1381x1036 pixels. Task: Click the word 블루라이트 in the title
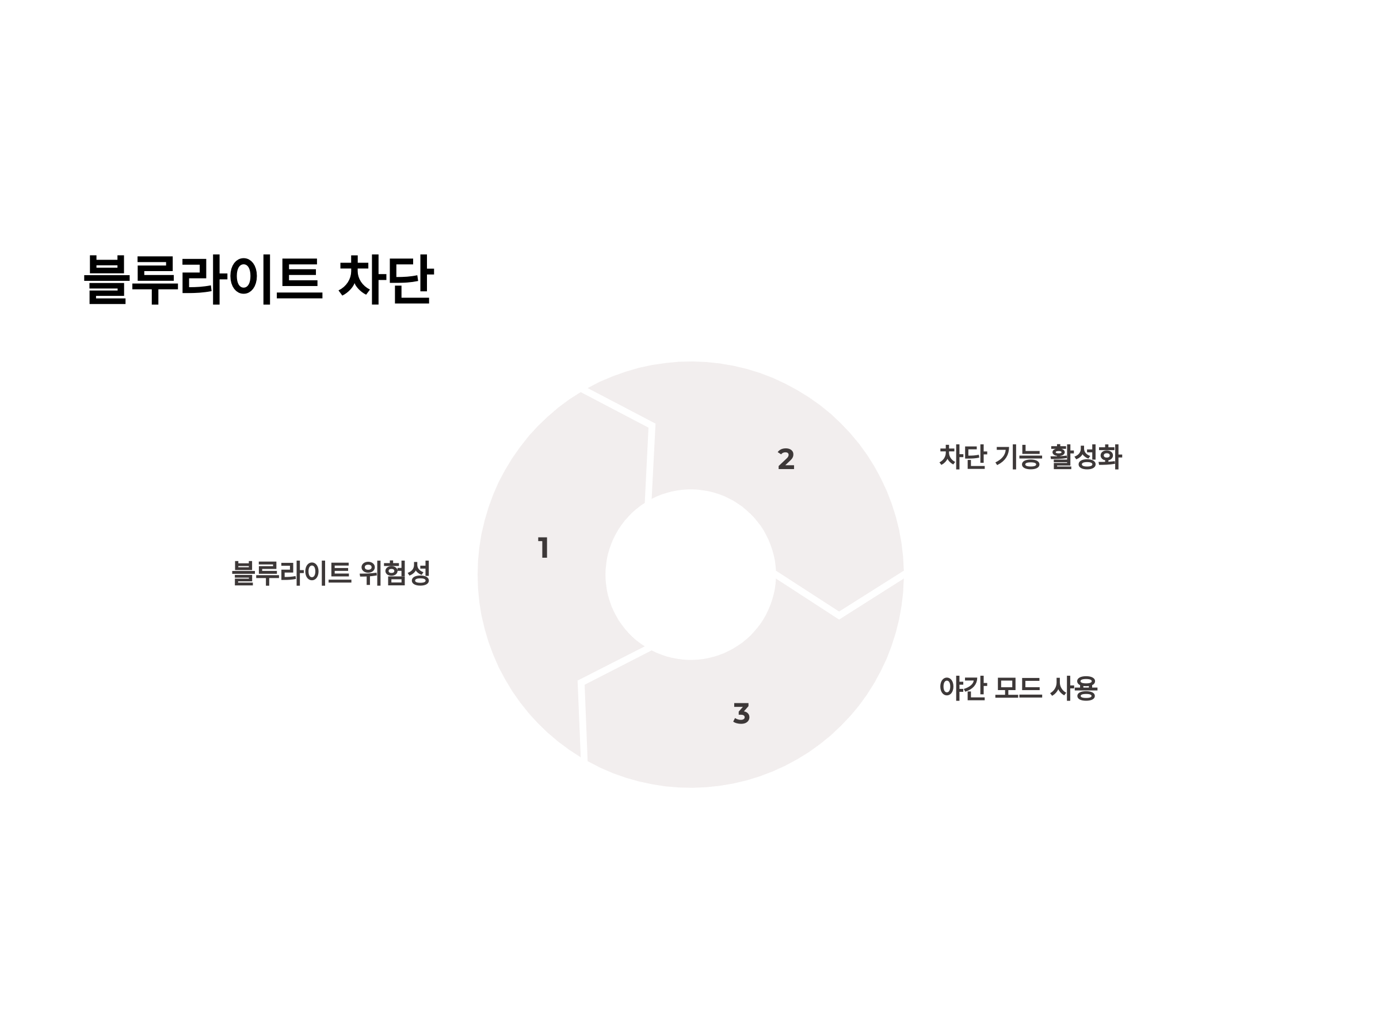tap(203, 279)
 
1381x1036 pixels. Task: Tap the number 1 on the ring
tap(543, 548)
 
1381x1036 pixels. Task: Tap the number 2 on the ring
tap(785, 460)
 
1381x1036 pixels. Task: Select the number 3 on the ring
tap(741, 713)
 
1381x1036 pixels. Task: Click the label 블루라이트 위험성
tap(331, 573)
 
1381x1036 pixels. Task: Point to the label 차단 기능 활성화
tap(1030, 457)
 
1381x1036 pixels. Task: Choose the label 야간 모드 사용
tap(1018, 688)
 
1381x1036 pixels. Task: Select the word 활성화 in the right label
tap(1086, 457)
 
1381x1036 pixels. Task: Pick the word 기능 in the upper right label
tap(1018, 457)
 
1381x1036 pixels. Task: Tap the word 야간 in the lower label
tap(962, 688)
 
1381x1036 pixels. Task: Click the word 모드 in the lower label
tap(1018, 688)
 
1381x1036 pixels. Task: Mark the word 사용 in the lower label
tap(1074, 688)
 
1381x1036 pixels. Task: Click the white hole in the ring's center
tap(690, 574)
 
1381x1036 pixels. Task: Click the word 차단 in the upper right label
tap(962, 457)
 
